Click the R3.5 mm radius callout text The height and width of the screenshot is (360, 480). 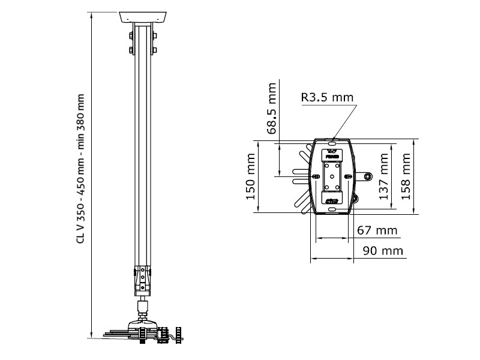click(x=327, y=97)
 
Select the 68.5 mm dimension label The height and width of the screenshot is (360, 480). click(x=271, y=107)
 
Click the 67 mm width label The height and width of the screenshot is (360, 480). click(x=377, y=230)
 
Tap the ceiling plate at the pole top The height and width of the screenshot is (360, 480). click(x=142, y=16)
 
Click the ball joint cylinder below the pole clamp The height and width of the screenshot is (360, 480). click(x=142, y=308)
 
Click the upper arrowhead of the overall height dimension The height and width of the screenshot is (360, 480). click(x=91, y=15)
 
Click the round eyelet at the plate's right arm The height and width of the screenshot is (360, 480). click(x=367, y=176)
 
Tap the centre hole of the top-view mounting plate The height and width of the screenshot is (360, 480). click(x=332, y=176)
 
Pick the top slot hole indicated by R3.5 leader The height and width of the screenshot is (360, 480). click(x=331, y=143)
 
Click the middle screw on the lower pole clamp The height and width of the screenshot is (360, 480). click(x=142, y=279)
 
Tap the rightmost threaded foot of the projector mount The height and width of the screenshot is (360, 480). click(x=178, y=334)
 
